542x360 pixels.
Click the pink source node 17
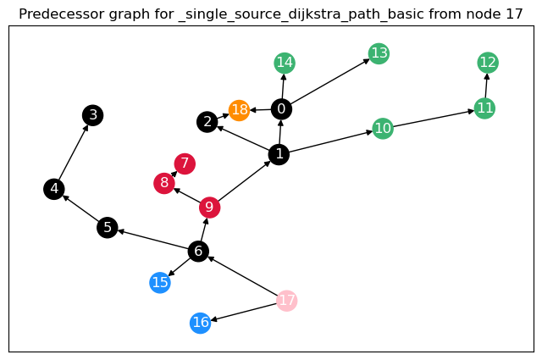287,301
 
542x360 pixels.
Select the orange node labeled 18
240,110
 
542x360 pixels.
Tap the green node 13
379,54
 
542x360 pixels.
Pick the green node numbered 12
488,62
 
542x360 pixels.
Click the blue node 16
200,323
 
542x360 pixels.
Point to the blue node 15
160,283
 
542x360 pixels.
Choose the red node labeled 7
185,163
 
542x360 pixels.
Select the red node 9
209,208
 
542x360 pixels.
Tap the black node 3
93,115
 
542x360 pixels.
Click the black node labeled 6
198,251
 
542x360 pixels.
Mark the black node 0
281,108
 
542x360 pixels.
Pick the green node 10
383,129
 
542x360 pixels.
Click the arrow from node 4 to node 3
74,152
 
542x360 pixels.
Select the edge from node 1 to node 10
330,141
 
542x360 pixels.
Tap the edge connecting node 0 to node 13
330,81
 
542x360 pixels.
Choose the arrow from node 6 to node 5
152,239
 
